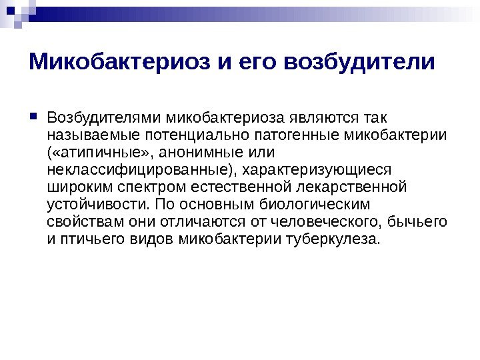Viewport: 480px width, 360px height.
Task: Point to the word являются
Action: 334,119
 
